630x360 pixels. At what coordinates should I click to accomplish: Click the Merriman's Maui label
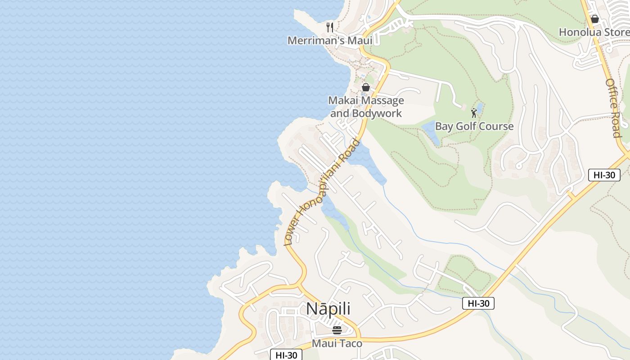point(330,40)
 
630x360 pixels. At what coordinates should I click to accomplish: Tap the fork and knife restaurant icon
point(330,27)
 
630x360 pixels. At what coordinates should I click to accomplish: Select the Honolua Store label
point(594,32)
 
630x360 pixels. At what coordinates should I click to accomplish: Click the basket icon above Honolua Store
point(594,19)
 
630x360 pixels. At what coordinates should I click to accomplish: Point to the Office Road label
point(613,108)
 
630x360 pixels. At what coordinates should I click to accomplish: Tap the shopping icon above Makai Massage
point(366,87)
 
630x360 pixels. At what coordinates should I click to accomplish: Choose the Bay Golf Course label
point(474,126)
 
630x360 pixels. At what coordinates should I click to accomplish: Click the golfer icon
point(473,112)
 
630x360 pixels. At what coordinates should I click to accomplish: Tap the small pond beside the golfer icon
point(480,108)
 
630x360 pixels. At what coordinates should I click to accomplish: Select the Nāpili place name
point(328,309)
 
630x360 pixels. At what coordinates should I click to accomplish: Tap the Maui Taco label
point(337,344)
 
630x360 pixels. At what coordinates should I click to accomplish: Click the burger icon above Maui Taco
point(337,330)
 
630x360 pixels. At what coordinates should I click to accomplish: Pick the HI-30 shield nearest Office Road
point(604,175)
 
